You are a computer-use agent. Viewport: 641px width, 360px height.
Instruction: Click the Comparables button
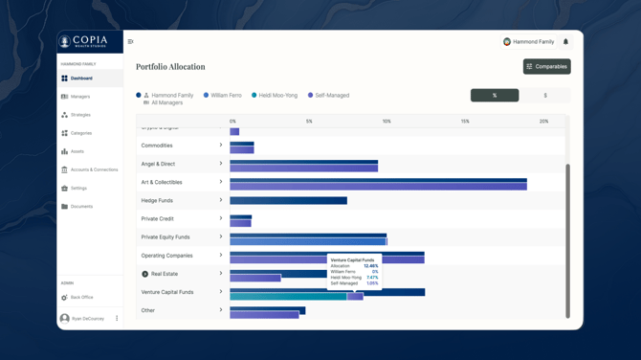[546, 66]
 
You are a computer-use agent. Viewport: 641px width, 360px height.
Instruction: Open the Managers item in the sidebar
[80, 97]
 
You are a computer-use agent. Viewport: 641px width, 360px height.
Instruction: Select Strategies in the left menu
[80, 115]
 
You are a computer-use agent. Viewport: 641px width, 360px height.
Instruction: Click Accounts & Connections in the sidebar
[94, 169]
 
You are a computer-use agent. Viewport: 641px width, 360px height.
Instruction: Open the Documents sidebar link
[81, 206]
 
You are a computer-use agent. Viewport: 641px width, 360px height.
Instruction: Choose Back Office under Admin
[81, 297]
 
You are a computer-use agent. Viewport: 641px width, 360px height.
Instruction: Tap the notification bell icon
[565, 42]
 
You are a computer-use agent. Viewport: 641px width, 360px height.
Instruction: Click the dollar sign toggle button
[545, 95]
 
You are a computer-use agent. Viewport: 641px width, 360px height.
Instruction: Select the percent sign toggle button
[495, 95]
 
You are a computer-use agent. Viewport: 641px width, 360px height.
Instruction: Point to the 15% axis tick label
[465, 122]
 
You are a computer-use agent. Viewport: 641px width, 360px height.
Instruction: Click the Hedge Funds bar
[288, 201]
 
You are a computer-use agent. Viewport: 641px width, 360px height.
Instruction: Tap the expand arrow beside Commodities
[221, 146]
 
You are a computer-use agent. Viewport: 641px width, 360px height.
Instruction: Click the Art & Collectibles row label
[162, 182]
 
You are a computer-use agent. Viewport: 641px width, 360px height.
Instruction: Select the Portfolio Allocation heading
[170, 67]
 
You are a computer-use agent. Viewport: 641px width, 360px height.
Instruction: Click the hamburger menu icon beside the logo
[131, 42]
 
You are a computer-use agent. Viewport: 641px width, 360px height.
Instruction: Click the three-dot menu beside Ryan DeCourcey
[117, 319]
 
